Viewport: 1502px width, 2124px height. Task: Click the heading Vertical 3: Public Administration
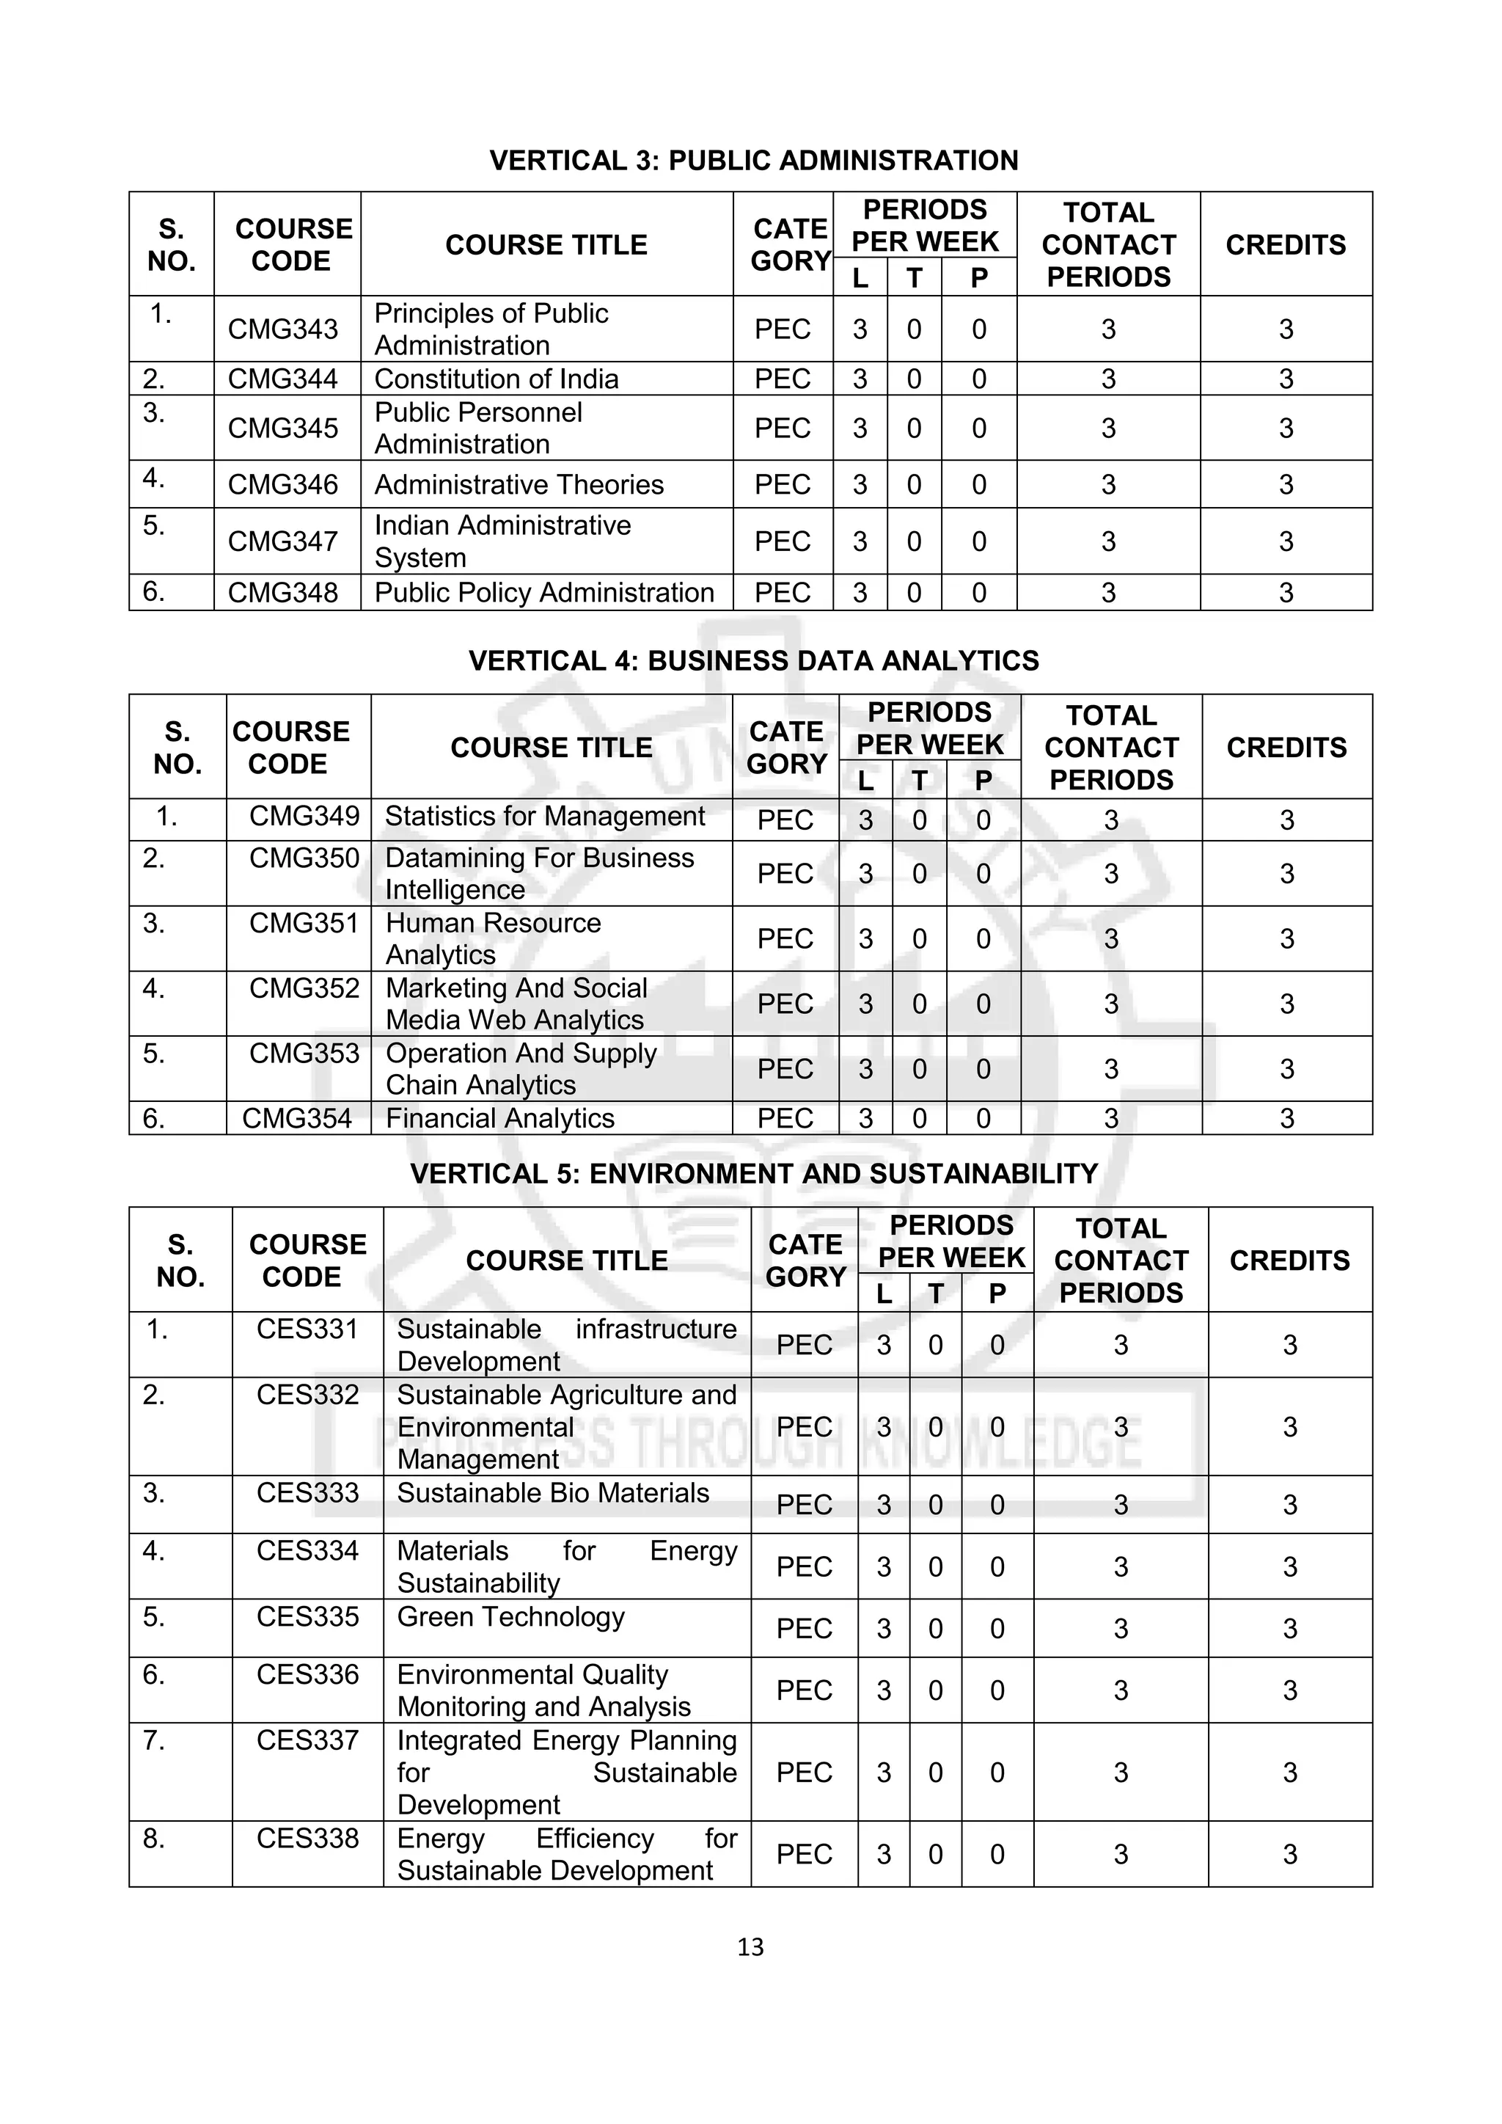[x=753, y=160]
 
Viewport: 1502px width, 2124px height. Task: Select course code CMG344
[x=283, y=379]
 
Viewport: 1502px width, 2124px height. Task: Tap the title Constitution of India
[x=496, y=379]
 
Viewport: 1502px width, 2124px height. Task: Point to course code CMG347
[x=283, y=541]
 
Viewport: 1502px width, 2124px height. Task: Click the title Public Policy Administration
[x=544, y=592]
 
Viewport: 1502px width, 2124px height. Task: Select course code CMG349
[x=304, y=816]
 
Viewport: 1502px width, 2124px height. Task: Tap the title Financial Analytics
[x=499, y=1118]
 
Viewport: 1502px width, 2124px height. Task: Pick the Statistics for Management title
[x=545, y=816]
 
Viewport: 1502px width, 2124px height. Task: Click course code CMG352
[x=304, y=988]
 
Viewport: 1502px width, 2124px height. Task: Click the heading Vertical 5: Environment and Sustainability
[x=753, y=1174]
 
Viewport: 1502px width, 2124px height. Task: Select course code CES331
[x=307, y=1329]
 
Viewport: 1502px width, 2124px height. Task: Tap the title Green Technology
[x=510, y=1617]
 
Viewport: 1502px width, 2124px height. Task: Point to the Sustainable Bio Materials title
[x=552, y=1493]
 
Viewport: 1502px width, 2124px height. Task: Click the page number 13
[x=750, y=1947]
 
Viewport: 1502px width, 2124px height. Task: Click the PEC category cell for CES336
[x=804, y=1690]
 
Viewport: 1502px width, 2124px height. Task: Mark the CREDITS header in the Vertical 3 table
[x=1286, y=245]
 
